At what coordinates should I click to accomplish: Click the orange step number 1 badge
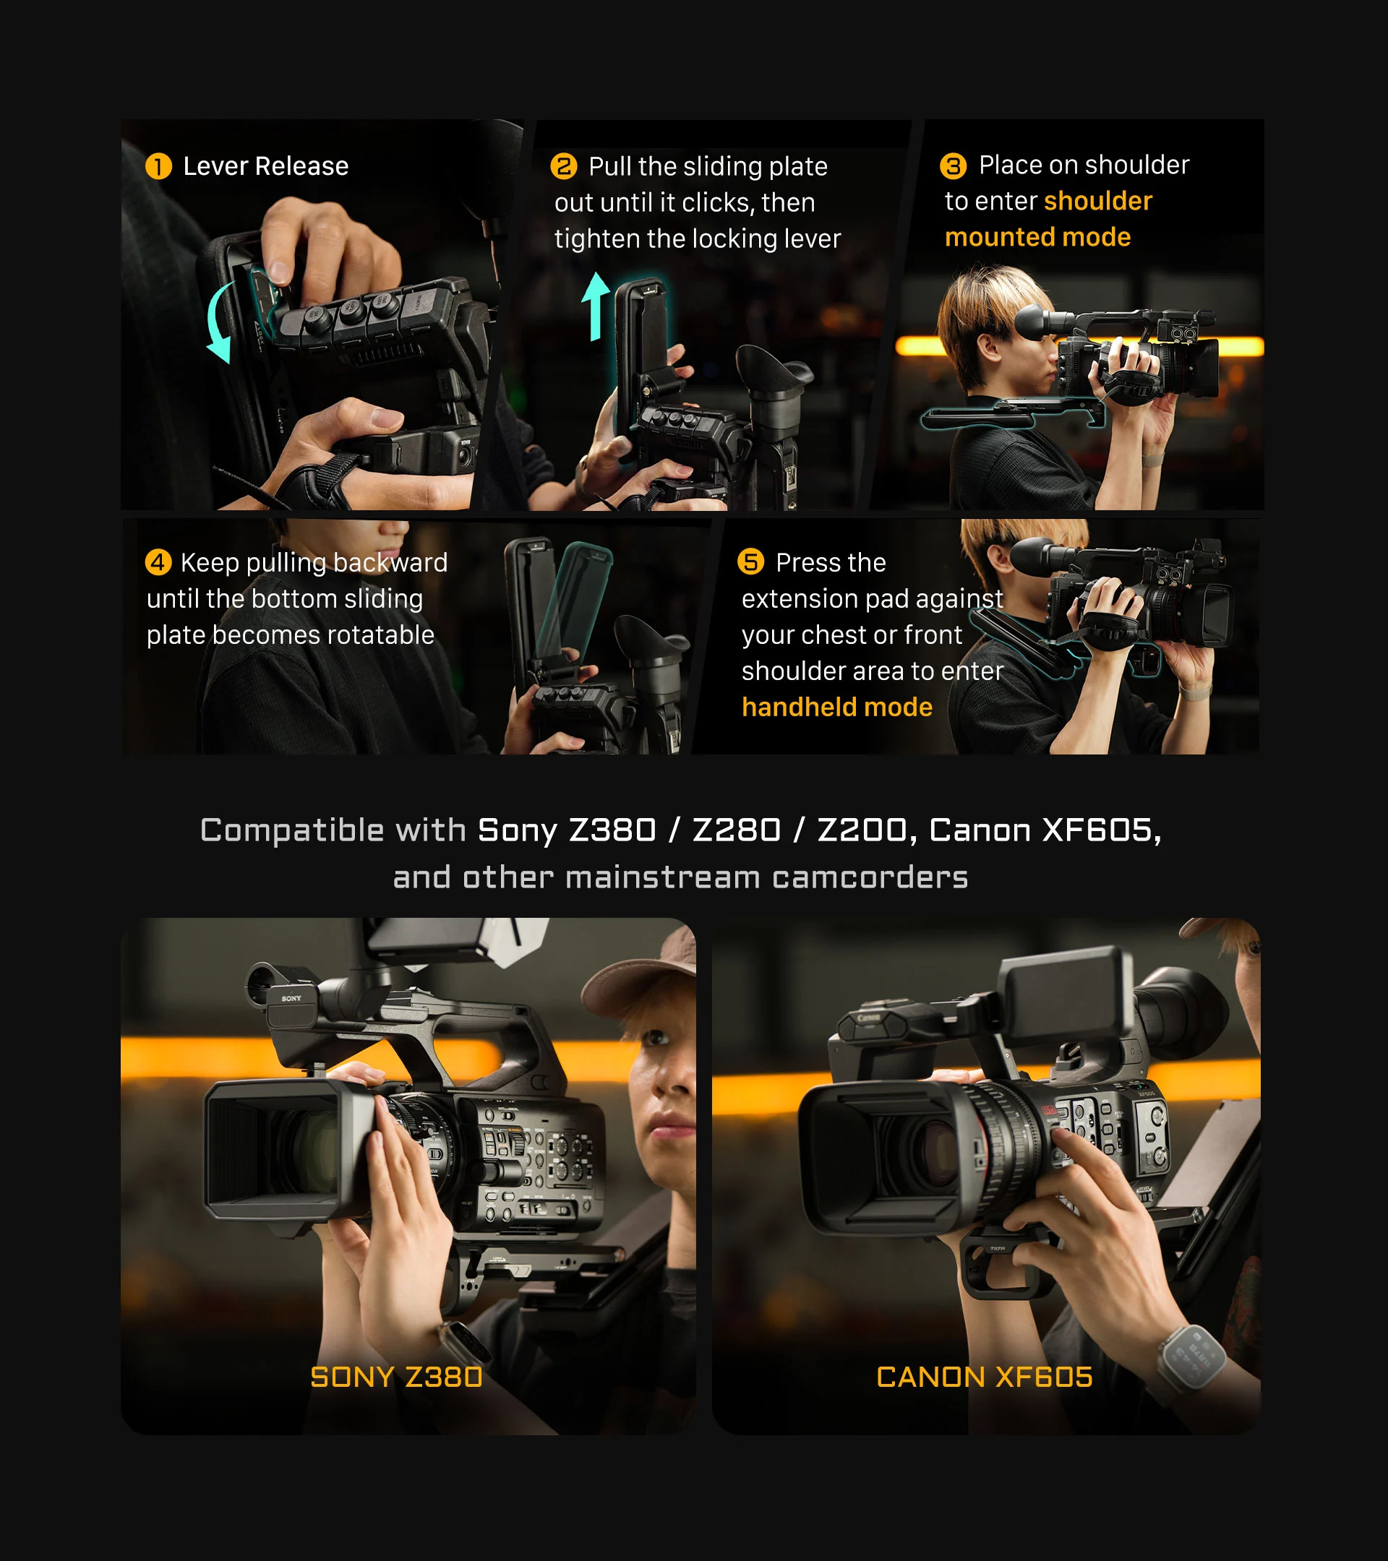[x=158, y=166]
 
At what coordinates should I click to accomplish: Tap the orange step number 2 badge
[x=564, y=166]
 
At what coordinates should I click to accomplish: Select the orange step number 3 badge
[x=954, y=165]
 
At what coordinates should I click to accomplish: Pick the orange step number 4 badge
[x=158, y=563]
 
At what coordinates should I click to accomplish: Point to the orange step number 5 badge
[x=750, y=562]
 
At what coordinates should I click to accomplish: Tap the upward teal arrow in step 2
[x=595, y=306]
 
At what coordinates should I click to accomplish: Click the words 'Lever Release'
[x=266, y=166]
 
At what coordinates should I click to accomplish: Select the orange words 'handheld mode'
[x=837, y=708]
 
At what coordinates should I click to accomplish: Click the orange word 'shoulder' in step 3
[x=1097, y=201]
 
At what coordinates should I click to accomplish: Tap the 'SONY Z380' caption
[x=396, y=1377]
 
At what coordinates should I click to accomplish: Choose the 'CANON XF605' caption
[x=985, y=1377]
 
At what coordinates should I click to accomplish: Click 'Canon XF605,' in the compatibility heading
[x=1045, y=830]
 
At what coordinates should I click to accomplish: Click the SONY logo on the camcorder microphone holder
[x=291, y=998]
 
